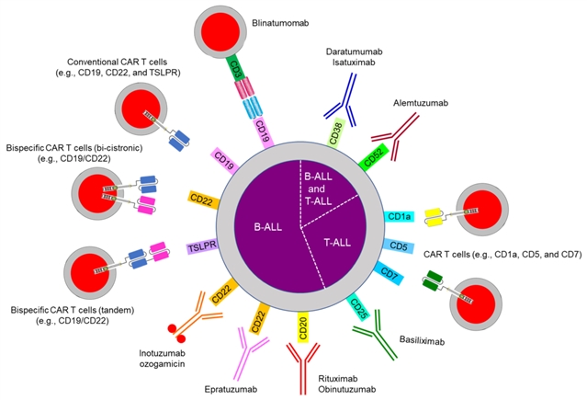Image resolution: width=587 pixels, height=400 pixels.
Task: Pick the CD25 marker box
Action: tap(360, 303)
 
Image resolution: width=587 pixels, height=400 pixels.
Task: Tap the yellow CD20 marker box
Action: tap(305, 324)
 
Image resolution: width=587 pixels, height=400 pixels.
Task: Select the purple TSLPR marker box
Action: tap(202, 247)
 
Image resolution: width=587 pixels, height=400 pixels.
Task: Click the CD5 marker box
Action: tap(399, 246)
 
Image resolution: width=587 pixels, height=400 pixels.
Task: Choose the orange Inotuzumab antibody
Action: tap(202, 314)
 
